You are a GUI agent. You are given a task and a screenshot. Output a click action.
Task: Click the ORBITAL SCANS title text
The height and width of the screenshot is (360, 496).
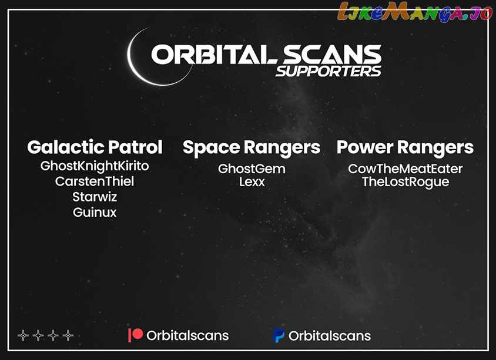coord(266,54)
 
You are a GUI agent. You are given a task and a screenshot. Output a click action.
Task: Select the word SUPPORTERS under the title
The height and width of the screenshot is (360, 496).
coord(329,72)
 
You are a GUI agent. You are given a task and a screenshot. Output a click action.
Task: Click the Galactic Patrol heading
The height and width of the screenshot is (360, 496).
coord(95,147)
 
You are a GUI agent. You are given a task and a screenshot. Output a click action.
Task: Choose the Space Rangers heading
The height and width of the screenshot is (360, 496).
coord(252,148)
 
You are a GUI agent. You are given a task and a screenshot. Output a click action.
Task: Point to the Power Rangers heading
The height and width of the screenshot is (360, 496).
coord(405,148)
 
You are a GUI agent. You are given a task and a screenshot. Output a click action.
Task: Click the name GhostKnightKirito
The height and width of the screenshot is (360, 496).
coord(95,166)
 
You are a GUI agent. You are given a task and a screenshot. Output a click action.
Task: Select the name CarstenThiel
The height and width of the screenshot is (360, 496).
coord(95,181)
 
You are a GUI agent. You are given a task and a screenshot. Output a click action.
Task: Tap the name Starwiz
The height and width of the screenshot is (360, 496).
coord(95,197)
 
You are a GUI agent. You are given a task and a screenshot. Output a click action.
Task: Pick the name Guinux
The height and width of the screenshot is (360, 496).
coord(95,212)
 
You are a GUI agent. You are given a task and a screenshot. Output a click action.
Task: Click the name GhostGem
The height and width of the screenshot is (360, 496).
coord(252,169)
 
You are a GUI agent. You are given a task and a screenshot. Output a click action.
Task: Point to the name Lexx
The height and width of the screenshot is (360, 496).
coord(252,181)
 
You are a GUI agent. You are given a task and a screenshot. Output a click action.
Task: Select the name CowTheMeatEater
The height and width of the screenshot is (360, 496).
coord(405,169)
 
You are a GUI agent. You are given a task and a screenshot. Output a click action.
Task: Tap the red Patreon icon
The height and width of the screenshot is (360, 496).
coord(135,335)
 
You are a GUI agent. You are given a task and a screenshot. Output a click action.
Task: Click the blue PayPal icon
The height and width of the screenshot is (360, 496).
coord(279,335)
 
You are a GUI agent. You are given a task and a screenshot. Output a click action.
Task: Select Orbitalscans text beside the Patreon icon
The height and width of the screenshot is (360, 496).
coord(187,336)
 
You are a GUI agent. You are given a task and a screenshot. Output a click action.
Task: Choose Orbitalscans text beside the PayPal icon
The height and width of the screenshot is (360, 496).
coord(329,336)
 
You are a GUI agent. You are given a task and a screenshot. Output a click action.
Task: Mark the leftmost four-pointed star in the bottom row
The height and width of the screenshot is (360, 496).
coord(23,335)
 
